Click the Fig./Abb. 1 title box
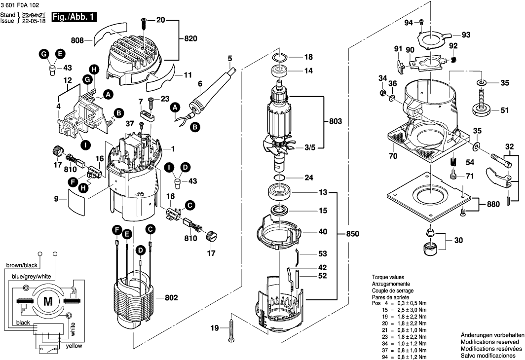(74, 17)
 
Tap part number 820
(190, 38)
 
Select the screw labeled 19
(231, 328)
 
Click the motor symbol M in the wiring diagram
(48, 301)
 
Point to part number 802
(171, 298)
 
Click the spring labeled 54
(453, 162)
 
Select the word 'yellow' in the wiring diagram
(74, 346)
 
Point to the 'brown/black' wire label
(22, 265)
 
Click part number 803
(335, 121)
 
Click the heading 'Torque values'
(388, 277)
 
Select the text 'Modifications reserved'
(490, 342)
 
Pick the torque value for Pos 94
(413, 357)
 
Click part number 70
(393, 156)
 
